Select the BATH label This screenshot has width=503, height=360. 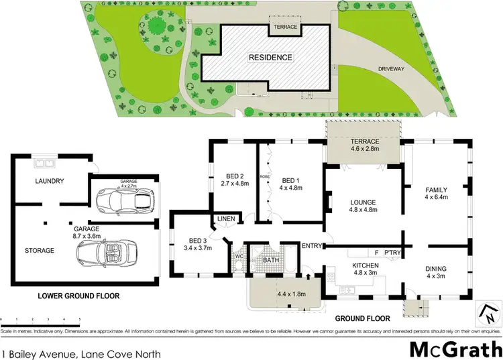(x=271, y=259)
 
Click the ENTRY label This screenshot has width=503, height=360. (x=313, y=245)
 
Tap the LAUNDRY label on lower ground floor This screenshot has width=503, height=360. (x=50, y=181)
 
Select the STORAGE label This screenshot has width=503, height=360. (x=40, y=250)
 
